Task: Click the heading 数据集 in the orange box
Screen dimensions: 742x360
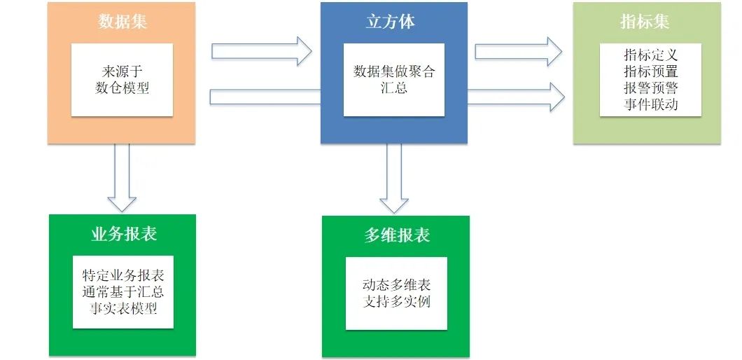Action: [x=122, y=22]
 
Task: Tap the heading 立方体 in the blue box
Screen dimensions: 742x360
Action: [x=391, y=22]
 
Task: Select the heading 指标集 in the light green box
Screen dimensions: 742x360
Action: [x=645, y=22]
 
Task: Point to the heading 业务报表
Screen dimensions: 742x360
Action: [x=123, y=234]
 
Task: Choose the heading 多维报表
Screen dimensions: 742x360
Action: [x=396, y=235]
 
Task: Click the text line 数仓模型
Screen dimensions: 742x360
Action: [x=122, y=88]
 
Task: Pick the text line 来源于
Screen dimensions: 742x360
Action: [x=122, y=72]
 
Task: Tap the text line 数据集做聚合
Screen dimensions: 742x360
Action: [x=394, y=72]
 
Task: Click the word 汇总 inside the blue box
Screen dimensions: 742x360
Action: [x=394, y=88]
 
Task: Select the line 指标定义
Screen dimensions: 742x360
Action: [x=651, y=55]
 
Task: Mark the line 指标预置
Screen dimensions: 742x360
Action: [x=651, y=71]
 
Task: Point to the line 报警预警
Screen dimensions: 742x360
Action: [x=651, y=88]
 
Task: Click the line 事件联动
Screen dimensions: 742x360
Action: [x=651, y=105]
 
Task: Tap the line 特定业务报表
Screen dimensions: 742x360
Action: [x=123, y=274]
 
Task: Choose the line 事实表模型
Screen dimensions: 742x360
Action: [x=123, y=307]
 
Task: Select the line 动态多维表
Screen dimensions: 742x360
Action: [x=396, y=285]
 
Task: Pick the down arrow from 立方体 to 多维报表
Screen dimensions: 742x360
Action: [x=394, y=178]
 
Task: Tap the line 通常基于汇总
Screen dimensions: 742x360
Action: [x=123, y=291]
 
